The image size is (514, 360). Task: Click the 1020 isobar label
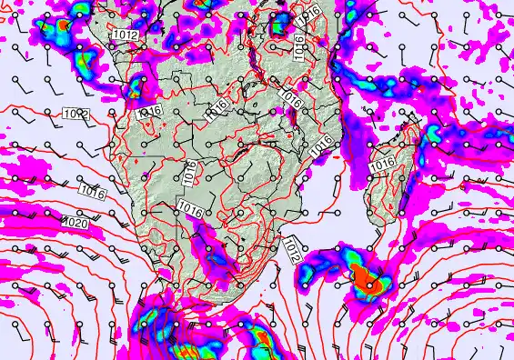click(76, 221)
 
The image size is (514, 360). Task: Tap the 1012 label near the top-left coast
click(126, 35)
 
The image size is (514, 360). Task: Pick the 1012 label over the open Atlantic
click(76, 115)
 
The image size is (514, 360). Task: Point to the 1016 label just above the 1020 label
click(90, 191)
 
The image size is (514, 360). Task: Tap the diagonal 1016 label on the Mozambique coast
click(319, 145)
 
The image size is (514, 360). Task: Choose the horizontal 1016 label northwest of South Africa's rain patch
click(190, 208)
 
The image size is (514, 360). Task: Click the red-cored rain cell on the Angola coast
click(138, 88)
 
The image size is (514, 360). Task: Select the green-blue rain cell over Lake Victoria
click(281, 20)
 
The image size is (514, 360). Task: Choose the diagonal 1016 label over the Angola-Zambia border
click(216, 115)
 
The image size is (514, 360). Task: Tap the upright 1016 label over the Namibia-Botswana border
click(188, 174)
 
